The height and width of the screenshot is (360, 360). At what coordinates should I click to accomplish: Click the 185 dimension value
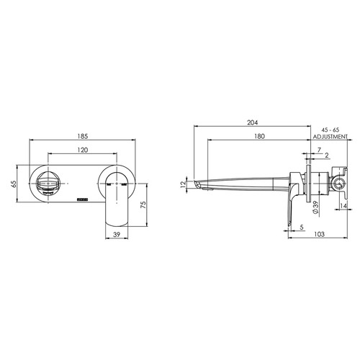[x=83, y=135]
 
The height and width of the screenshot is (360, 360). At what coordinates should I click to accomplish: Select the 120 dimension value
[x=83, y=150]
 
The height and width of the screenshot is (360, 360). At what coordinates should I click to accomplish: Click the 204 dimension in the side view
[x=251, y=123]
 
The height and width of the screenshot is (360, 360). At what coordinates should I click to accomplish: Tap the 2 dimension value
[x=326, y=156]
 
